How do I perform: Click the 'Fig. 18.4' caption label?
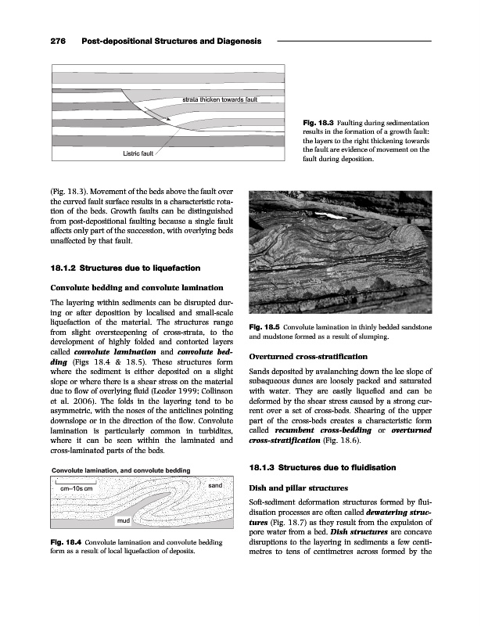coord(67,541)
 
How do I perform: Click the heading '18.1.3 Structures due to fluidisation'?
coord(322,468)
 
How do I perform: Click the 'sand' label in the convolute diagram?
coord(217,486)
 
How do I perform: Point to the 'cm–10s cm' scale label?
coord(75,488)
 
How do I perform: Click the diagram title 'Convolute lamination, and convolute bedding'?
coord(123,469)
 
